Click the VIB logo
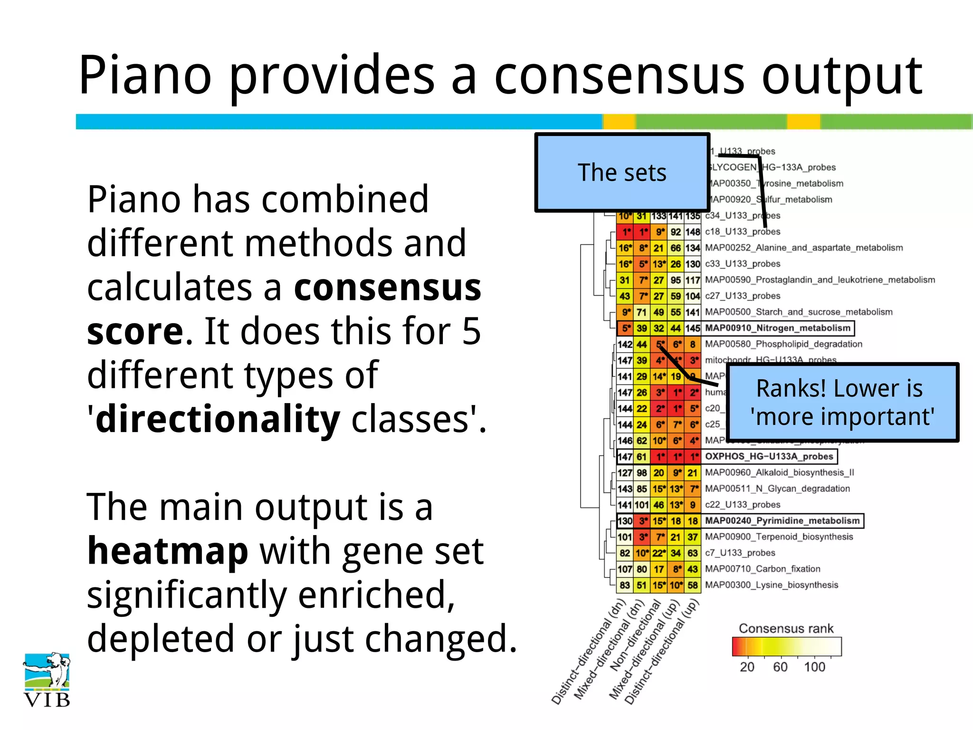tap(47, 680)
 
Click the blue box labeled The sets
tap(622, 173)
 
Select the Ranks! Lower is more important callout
tap(842, 403)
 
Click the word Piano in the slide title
tap(145, 76)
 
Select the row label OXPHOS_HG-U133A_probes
tap(769, 456)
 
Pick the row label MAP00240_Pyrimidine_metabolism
tap(782, 520)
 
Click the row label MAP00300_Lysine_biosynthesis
tap(771, 585)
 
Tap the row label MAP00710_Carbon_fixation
tap(762, 569)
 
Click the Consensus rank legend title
tap(786, 628)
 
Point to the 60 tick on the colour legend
tap(780, 667)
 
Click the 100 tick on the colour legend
tap(814, 667)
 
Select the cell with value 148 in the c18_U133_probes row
tap(693, 232)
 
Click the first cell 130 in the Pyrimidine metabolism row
tap(625, 521)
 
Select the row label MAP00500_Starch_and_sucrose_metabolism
tap(799, 312)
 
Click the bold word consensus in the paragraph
tap(387, 288)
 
